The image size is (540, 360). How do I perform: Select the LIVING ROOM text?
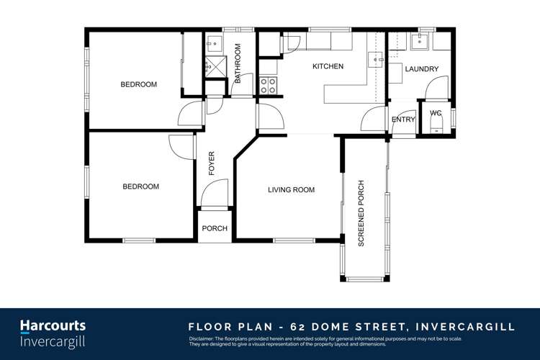point(291,190)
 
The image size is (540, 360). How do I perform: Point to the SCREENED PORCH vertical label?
point(361,213)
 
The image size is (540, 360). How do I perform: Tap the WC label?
point(436,113)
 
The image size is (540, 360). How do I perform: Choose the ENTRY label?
point(403,120)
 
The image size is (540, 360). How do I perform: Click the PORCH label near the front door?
point(215,229)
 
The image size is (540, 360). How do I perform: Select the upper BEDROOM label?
point(138,84)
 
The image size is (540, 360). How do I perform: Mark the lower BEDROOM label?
point(140,186)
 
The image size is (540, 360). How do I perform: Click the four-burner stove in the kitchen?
point(268,85)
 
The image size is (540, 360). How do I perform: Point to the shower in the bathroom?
point(213,68)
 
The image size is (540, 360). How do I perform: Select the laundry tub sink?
point(419,41)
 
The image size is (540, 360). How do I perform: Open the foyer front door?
point(214,193)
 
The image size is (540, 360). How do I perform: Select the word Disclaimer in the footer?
point(204,338)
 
